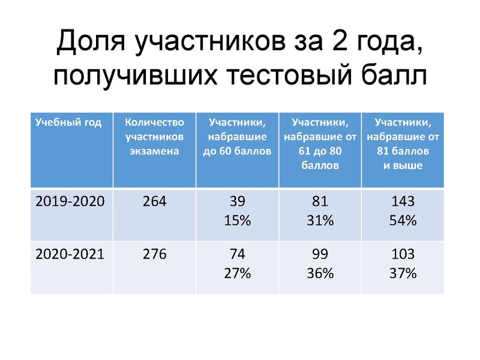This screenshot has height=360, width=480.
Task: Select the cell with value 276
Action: coord(155,254)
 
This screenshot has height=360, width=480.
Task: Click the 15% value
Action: coord(237,220)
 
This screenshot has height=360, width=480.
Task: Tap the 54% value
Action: coord(403,220)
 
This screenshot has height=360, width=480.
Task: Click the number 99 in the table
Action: coord(320,254)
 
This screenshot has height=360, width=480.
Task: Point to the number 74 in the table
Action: coord(237,254)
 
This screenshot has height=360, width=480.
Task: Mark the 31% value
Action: coord(320,220)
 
